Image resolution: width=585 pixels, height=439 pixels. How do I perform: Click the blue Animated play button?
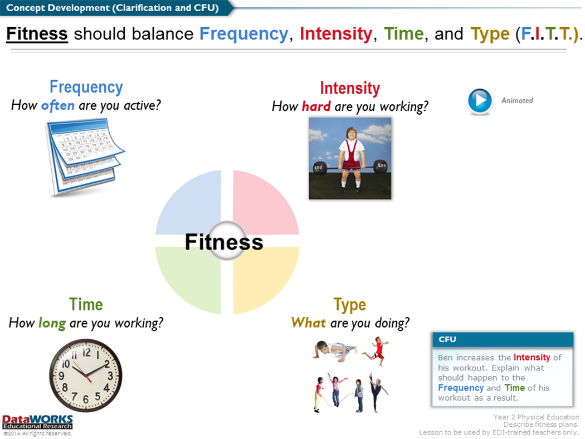point(480,100)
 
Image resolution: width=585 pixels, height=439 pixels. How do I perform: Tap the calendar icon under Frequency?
point(85,157)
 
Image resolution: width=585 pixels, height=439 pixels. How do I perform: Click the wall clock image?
point(86,375)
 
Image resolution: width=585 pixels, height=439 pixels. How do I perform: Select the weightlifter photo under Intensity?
point(350,158)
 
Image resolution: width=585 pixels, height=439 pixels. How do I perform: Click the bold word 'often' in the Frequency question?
point(58,105)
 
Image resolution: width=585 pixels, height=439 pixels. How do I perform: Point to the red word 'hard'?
point(316,106)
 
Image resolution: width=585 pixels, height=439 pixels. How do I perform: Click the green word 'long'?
point(52,323)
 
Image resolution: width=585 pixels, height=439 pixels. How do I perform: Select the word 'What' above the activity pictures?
point(309,323)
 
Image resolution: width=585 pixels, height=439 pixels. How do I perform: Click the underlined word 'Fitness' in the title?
point(37,33)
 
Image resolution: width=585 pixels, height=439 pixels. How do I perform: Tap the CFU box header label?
point(447,339)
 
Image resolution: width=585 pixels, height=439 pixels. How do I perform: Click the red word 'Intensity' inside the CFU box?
point(532,357)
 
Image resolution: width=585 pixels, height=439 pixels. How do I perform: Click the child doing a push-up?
point(334,351)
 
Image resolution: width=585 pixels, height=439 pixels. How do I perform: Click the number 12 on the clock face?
point(86,352)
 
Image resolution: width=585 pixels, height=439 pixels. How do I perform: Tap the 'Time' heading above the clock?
point(86,304)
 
